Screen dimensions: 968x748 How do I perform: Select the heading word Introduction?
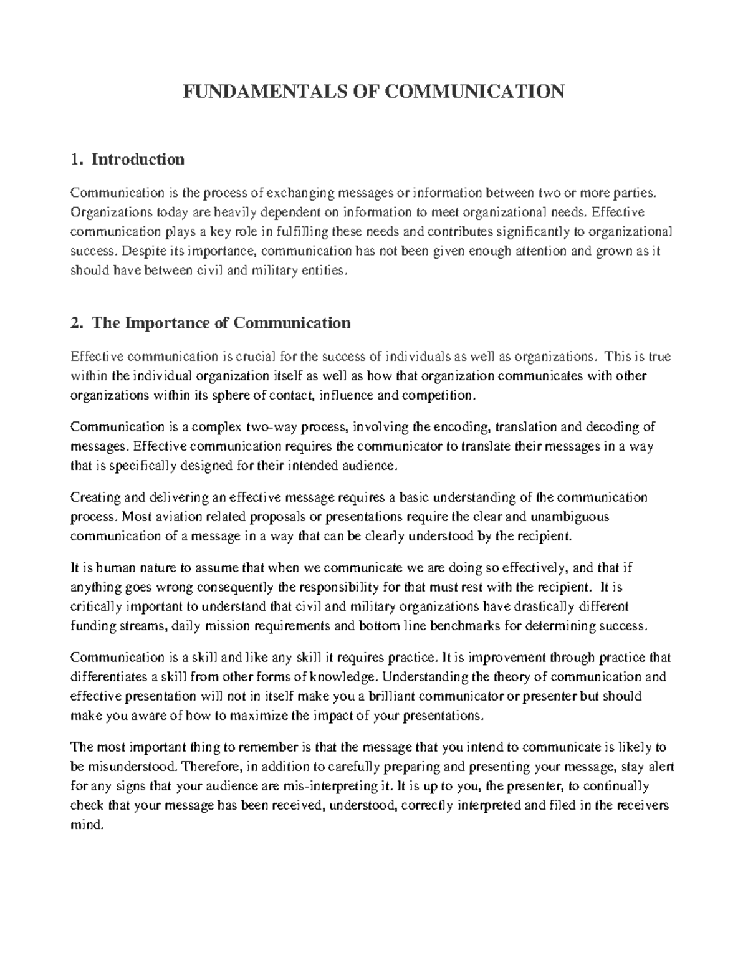point(138,160)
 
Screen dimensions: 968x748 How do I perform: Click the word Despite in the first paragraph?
point(141,252)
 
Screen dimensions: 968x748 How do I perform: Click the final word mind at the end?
point(84,825)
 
